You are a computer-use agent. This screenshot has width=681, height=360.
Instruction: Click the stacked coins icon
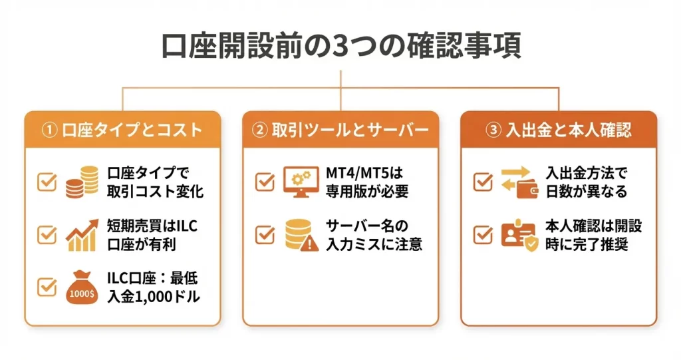(82, 182)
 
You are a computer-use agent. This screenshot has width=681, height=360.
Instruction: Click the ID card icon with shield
(518, 234)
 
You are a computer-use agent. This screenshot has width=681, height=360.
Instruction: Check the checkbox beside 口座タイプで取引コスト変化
(47, 182)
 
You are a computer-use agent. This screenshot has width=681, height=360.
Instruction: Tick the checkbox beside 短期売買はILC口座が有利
(47, 234)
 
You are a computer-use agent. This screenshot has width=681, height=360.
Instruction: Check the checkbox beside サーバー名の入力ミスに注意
(265, 234)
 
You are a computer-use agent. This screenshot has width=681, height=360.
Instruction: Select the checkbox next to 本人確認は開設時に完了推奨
(483, 234)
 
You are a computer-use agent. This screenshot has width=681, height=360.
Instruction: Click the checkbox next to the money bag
(47, 287)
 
